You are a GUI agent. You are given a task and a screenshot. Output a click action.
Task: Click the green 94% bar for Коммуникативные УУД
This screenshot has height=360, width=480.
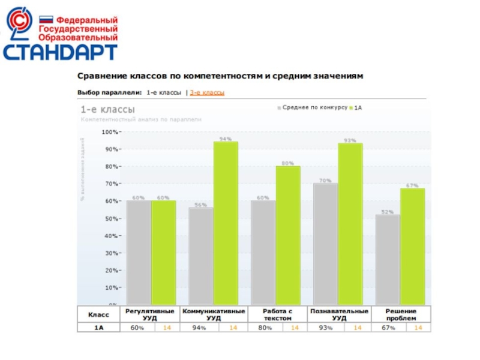pyautogui.click(x=226, y=223)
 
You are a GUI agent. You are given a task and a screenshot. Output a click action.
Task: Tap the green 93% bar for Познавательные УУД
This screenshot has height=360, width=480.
pyautogui.click(x=350, y=224)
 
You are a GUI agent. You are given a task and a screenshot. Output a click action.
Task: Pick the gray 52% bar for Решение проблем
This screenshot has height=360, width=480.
pyautogui.click(x=387, y=260)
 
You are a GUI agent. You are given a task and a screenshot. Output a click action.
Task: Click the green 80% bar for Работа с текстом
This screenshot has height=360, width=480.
pyautogui.click(x=288, y=235)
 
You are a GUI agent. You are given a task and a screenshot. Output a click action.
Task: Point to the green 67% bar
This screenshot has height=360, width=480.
pyautogui.click(x=412, y=247)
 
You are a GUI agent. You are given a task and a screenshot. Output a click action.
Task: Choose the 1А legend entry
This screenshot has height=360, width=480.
pyautogui.click(x=358, y=107)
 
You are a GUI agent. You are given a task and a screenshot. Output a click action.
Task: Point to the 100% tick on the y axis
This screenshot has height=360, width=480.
pyautogui.click(x=110, y=131)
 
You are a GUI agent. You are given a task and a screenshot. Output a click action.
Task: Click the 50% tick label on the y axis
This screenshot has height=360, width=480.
pyautogui.click(x=111, y=218)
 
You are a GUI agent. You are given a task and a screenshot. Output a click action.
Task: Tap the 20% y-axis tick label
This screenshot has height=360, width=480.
pyautogui.click(x=111, y=271)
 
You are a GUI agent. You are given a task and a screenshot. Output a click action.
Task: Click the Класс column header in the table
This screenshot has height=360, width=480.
pyautogui.click(x=99, y=314)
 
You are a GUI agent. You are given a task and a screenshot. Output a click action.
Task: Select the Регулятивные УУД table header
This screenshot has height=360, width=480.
pyautogui.click(x=150, y=314)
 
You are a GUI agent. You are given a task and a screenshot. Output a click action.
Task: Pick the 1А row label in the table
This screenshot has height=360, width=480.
pyautogui.click(x=99, y=328)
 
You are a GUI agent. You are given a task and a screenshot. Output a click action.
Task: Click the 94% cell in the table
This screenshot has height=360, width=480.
pyautogui.click(x=200, y=328)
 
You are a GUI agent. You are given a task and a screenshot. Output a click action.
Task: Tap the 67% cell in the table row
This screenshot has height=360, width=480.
pyautogui.click(x=388, y=328)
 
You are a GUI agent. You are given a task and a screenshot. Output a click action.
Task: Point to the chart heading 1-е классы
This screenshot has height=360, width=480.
pyautogui.click(x=108, y=109)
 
